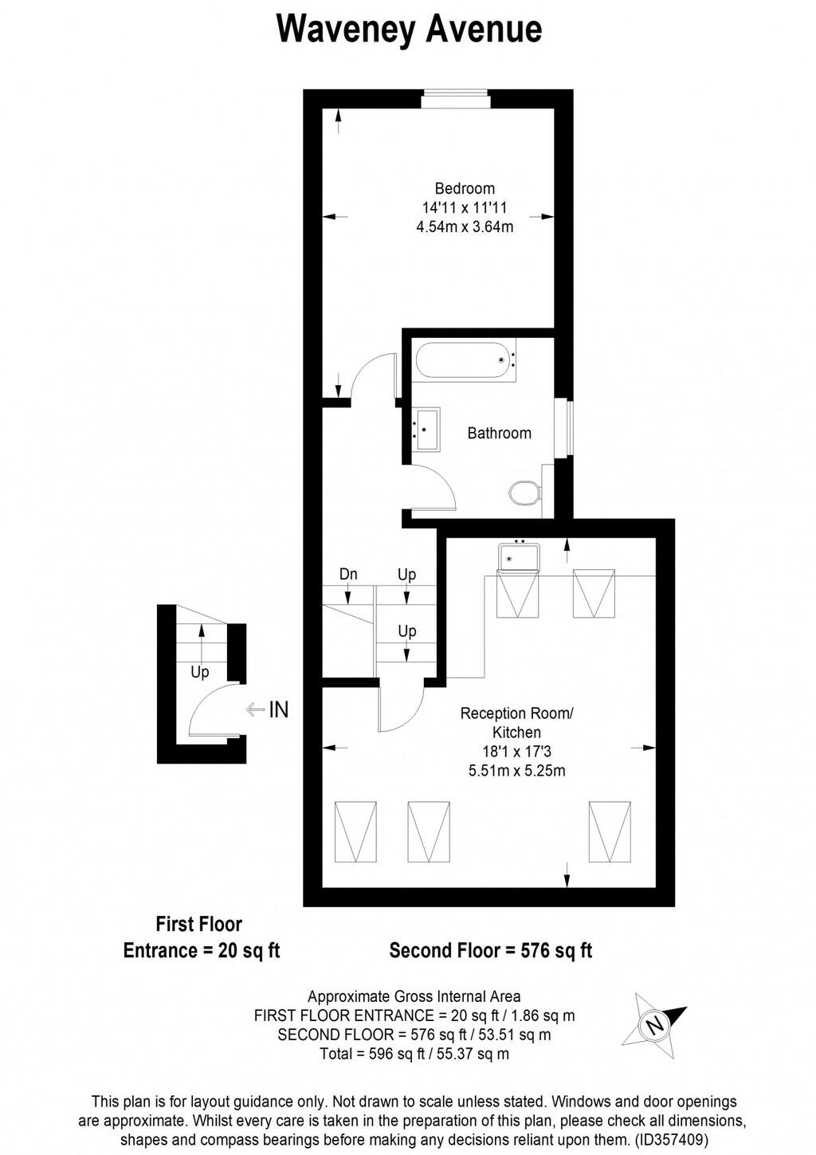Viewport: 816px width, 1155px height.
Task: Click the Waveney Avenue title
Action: click(x=409, y=29)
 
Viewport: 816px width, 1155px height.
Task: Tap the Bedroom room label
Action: click(x=465, y=189)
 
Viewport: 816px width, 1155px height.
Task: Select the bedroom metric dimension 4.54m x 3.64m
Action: click(x=465, y=227)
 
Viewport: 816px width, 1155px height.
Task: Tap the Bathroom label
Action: click(x=499, y=434)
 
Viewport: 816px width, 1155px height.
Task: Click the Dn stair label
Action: click(x=348, y=575)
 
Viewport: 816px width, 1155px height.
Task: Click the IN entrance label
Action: click(x=278, y=709)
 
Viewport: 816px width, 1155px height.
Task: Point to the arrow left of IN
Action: click(x=255, y=709)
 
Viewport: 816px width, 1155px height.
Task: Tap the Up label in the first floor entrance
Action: click(x=199, y=672)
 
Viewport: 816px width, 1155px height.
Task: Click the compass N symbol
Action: click(x=655, y=1024)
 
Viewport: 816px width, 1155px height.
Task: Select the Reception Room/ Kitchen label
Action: click(x=516, y=723)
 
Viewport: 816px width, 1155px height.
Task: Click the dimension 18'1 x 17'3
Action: click(x=516, y=752)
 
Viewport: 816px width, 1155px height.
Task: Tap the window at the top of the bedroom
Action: click(x=455, y=99)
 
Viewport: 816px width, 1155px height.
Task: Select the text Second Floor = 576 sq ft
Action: click(x=490, y=951)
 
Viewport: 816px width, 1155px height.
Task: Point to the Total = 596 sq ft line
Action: click(x=414, y=1054)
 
